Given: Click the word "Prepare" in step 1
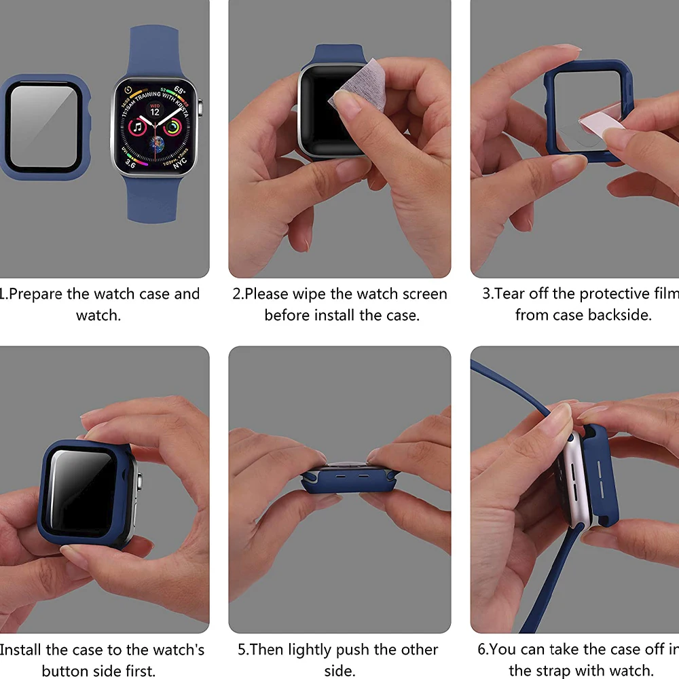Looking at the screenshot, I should click(37, 295).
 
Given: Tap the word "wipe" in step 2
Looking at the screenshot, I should click(309, 295).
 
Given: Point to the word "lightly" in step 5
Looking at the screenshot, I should click(315, 650).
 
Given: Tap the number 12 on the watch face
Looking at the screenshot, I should click(155, 111).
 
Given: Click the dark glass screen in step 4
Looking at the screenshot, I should click(81, 492).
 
